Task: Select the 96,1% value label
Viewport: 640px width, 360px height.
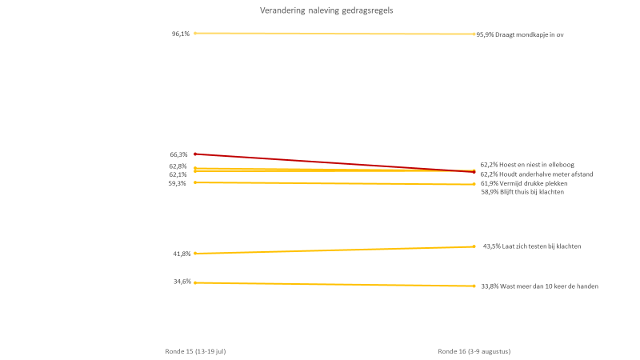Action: [x=181, y=34]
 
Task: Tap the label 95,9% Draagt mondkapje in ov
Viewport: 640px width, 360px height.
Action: [x=521, y=34]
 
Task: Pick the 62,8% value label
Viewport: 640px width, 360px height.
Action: [x=178, y=166]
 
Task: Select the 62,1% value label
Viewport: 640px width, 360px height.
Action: [x=178, y=174]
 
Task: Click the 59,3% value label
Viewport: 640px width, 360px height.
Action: [x=177, y=183]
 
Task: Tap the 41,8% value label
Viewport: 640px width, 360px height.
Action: [x=182, y=254]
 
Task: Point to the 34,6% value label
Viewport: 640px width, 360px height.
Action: [x=182, y=282]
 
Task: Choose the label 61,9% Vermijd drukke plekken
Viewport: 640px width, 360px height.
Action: [x=524, y=183]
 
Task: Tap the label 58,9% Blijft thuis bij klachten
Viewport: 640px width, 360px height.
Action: [x=522, y=192]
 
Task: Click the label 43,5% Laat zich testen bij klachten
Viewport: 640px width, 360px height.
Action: [x=532, y=246]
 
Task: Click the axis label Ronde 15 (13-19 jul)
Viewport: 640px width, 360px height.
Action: [x=190, y=351]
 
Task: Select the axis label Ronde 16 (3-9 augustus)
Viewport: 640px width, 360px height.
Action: [x=474, y=351]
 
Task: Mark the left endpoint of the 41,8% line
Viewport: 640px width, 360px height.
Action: [x=195, y=254]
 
